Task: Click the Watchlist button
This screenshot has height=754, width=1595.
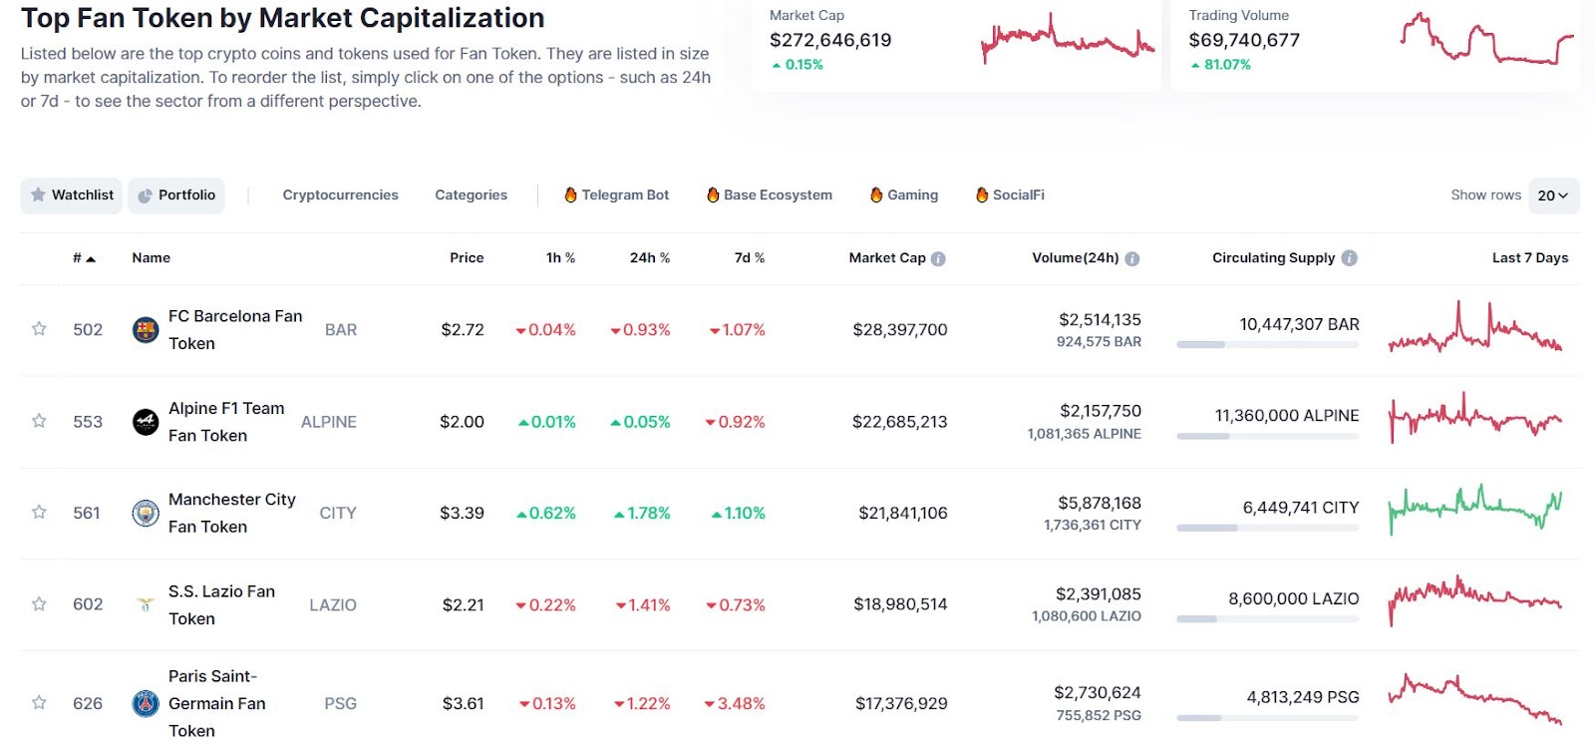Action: (72, 195)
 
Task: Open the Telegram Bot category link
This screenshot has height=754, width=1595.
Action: (616, 195)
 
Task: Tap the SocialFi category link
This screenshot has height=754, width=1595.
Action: (1010, 195)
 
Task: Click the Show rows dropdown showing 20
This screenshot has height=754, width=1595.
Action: (1552, 195)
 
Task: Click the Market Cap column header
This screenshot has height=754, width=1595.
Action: (887, 258)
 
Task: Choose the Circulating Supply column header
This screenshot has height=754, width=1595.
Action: (1273, 258)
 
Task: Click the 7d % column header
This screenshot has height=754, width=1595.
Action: (749, 258)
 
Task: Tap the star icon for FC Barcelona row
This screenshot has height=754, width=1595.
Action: (39, 329)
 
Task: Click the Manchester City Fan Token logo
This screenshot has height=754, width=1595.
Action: (146, 513)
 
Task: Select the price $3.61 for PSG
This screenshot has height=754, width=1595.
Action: (463, 704)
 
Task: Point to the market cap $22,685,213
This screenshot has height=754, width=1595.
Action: (899, 422)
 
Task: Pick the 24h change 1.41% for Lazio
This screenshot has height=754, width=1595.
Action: (643, 605)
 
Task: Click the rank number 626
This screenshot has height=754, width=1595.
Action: (88, 704)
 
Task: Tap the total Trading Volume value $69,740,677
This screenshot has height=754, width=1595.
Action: (1243, 41)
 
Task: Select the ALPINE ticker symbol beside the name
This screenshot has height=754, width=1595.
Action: (328, 422)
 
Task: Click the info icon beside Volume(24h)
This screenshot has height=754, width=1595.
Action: (1131, 259)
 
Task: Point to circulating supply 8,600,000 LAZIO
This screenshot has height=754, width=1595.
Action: (1293, 599)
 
